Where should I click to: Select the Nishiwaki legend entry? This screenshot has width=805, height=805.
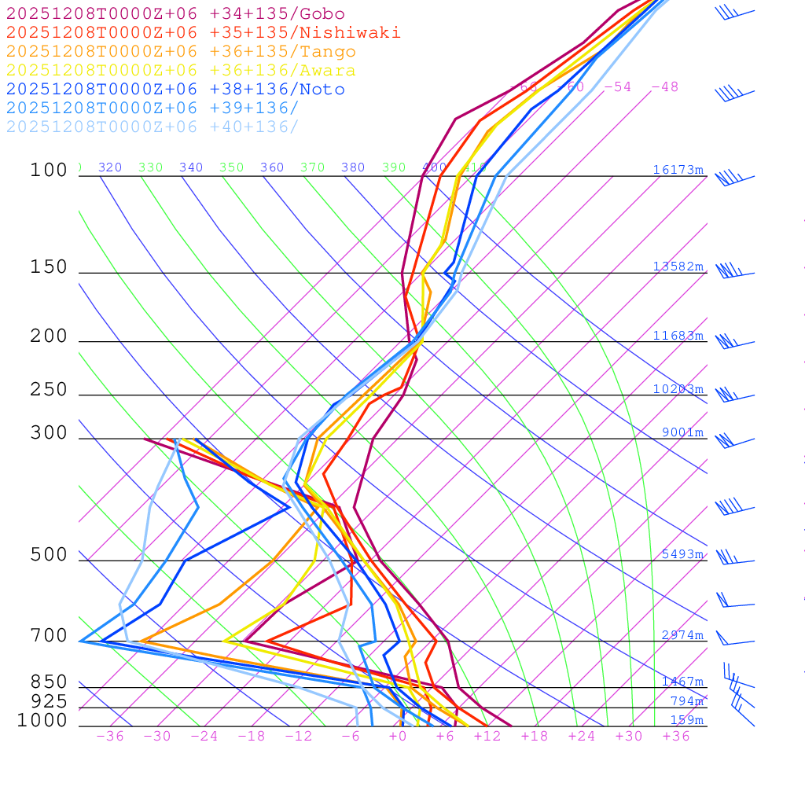(x=203, y=32)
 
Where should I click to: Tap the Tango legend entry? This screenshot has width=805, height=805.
(x=181, y=52)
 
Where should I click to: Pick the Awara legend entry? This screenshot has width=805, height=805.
(x=181, y=71)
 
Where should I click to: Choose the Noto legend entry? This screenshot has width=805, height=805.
(x=175, y=90)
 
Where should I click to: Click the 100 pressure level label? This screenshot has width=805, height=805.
(x=49, y=170)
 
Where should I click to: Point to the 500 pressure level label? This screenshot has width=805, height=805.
(x=49, y=555)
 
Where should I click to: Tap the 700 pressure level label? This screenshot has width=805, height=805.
(x=49, y=635)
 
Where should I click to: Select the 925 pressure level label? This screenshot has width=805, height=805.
(x=49, y=701)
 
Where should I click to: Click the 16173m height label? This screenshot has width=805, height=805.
(x=678, y=170)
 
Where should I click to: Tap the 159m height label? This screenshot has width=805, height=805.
(x=686, y=720)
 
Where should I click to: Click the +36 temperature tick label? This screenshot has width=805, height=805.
(x=676, y=737)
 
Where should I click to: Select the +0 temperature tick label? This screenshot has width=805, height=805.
(x=398, y=737)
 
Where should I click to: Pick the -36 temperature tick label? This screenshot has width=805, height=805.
(x=109, y=737)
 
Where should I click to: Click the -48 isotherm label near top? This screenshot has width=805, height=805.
(x=664, y=87)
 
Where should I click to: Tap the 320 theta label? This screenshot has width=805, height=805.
(x=110, y=167)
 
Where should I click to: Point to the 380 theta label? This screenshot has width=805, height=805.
(x=353, y=167)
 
